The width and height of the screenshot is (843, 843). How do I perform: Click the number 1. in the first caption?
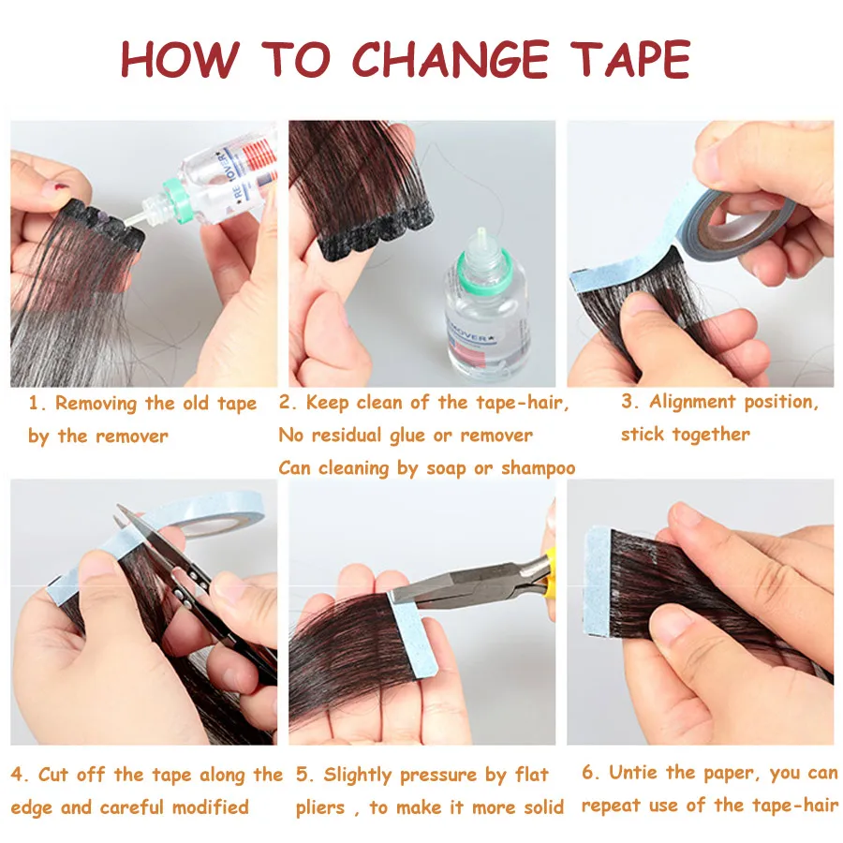point(37,405)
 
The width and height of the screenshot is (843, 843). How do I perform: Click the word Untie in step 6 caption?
point(636,773)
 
